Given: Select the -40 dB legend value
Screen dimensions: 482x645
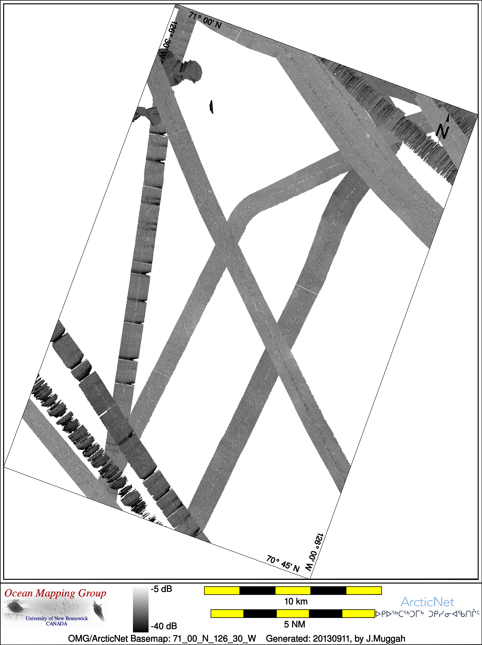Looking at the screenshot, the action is [x=164, y=626].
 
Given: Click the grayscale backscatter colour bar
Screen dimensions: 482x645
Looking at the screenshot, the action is [x=141, y=609].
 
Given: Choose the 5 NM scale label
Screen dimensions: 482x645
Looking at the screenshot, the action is [x=294, y=624].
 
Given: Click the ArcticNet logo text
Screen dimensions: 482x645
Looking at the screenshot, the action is [x=427, y=602].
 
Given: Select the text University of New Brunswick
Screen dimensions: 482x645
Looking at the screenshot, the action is [x=57, y=618].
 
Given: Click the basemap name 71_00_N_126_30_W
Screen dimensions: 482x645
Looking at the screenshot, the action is [x=215, y=639].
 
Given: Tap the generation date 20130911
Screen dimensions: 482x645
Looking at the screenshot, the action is [x=331, y=639].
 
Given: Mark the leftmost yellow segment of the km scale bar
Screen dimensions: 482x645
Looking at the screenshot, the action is [x=222, y=590].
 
